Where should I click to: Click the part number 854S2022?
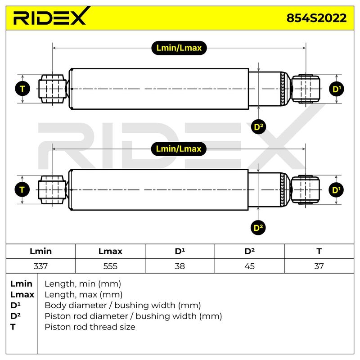[316, 18]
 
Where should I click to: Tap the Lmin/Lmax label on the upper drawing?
[179, 48]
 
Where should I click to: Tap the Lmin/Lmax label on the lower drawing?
[179, 149]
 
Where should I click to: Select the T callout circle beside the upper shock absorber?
[22, 89]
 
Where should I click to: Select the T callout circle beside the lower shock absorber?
[22, 190]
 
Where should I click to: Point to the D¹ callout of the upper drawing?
[337, 89]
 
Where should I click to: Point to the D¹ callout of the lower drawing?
[336, 190]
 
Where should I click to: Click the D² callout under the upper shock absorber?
[258, 127]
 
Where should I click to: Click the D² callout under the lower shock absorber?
[258, 228]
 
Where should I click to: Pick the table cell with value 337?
[40, 266]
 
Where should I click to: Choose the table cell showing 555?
[110, 266]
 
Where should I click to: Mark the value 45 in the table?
[250, 266]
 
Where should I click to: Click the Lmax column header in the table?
[110, 252]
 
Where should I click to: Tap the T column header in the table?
[319, 252]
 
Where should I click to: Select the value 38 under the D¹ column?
[180, 266]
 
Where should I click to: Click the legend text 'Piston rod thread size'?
[90, 327]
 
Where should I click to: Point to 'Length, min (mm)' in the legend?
[83, 284]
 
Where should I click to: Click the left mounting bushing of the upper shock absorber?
[53, 89]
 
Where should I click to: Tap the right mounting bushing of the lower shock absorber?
[305, 190]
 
